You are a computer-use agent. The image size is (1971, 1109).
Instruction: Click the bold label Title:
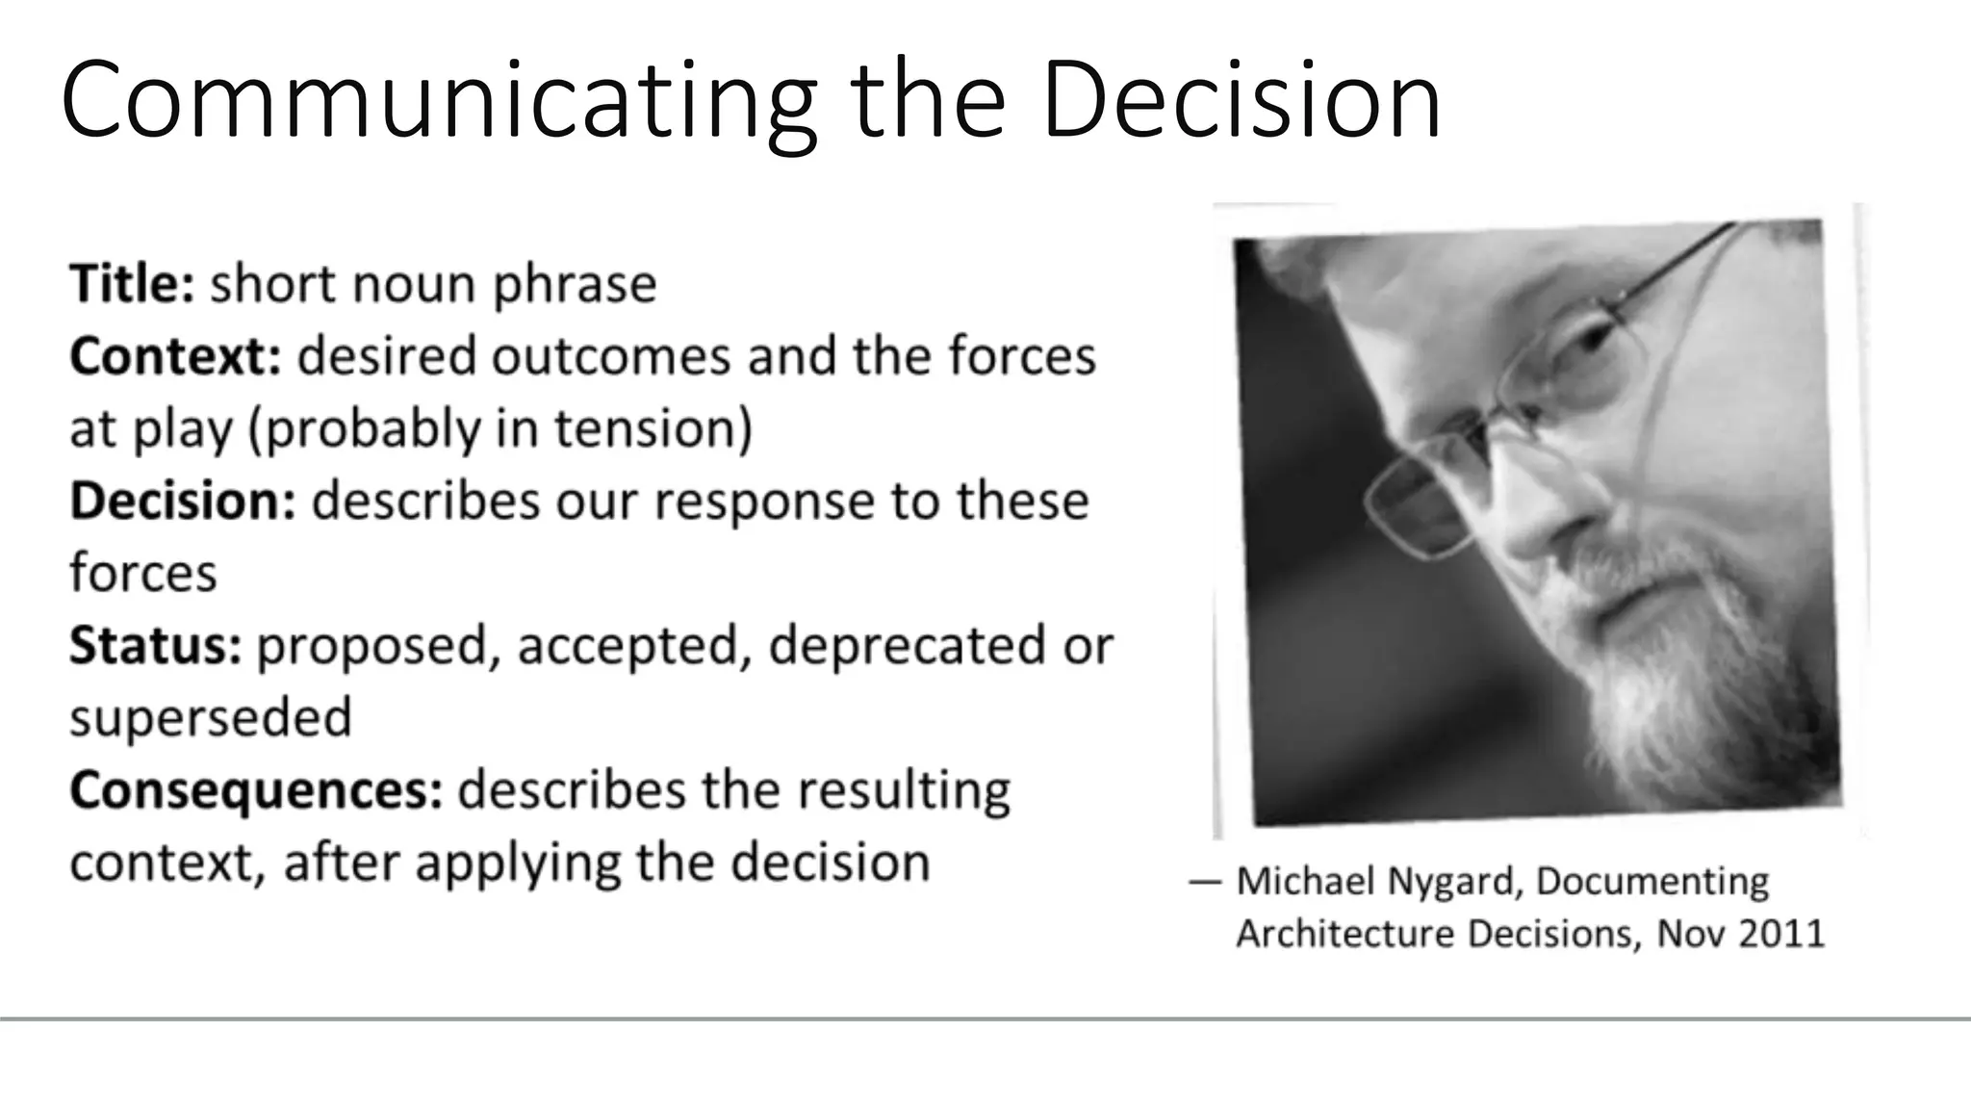[132, 284]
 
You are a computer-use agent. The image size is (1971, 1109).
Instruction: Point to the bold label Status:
[155, 645]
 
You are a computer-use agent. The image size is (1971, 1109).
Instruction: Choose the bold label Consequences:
[256, 790]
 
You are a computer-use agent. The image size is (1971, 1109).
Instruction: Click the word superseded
[211, 718]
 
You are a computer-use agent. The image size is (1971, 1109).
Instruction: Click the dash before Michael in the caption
[1205, 882]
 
